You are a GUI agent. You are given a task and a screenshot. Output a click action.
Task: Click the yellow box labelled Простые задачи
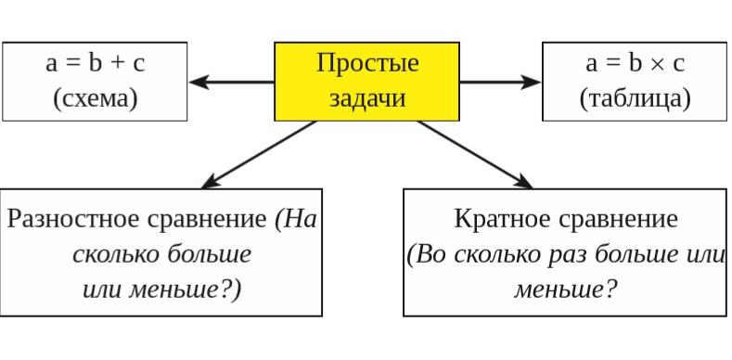pyautogui.click(x=366, y=82)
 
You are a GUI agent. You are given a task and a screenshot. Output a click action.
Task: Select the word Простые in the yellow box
pyautogui.click(x=367, y=64)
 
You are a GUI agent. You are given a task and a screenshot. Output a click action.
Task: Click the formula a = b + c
pyautogui.click(x=95, y=64)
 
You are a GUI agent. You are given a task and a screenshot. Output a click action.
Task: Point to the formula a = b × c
pyautogui.click(x=635, y=64)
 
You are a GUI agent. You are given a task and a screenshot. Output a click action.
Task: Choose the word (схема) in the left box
pyautogui.click(x=95, y=99)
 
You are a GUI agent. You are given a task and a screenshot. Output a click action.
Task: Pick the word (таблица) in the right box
pyautogui.click(x=635, y=99)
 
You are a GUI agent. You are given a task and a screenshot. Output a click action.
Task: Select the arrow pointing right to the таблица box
pyautogui.click(x=500, y=82)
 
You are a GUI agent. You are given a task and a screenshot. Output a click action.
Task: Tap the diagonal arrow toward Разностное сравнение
pyautogui.click(x=260, y=154)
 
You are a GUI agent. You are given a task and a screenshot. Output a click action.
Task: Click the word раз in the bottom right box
pyautogui.click(x=566, y=254)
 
